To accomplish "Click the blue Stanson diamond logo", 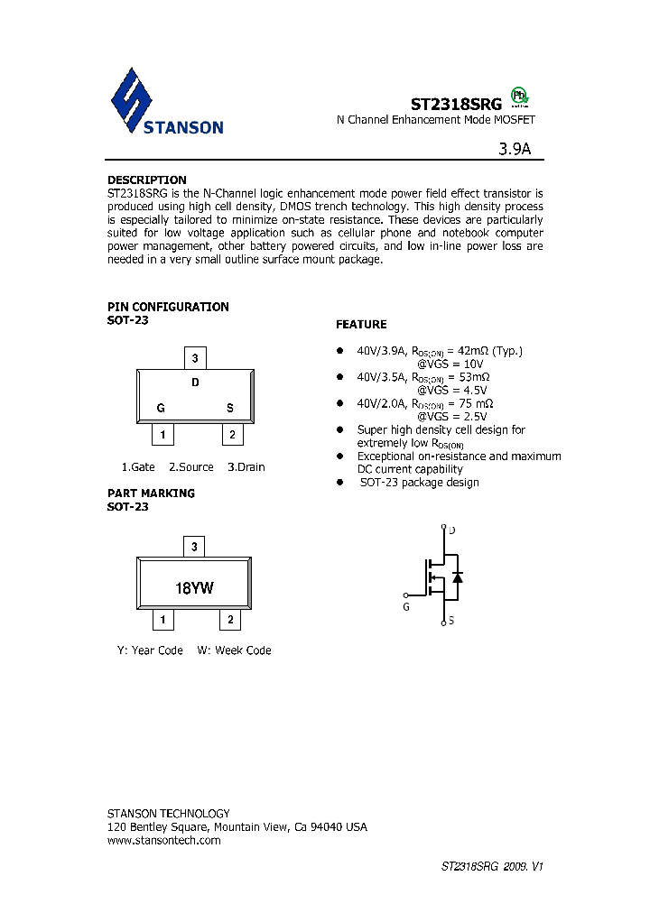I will point(133,101).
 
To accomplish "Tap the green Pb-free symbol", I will point(520,96).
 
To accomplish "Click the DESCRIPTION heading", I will point(146,180).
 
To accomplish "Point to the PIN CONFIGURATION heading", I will point(168,307).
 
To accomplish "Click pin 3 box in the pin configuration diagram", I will point(195,358).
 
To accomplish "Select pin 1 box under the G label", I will point(162,435).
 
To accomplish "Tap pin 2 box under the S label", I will point(232,435).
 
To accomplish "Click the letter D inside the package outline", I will point(195,382).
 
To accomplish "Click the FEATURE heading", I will point(361,324).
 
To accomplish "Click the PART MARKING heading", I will point(151,493).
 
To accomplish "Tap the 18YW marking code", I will point(195,588).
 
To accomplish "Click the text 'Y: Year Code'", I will point(150,650).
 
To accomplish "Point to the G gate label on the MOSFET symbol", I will point(406,607).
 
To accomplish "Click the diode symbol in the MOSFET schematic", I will point(458,576).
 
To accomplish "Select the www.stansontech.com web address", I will point(163,840).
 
